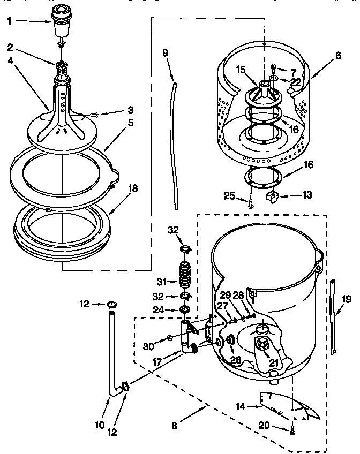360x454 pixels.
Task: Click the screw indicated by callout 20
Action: (x=292, y=428)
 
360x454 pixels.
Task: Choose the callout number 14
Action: (x=239, y=406)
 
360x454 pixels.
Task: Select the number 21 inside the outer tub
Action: (x=273, y=364)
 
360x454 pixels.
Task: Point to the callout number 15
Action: (x=241, y=70)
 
